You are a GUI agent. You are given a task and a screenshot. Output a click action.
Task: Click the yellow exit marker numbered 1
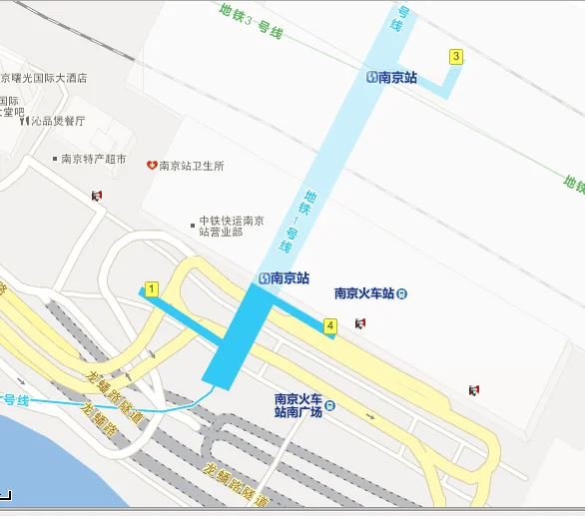pos(152,289)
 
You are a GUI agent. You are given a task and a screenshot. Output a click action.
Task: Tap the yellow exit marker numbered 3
pos(456,57)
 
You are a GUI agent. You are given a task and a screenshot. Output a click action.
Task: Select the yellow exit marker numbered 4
pos(330,325)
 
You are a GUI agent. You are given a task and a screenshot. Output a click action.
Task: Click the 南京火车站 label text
pos(363,293)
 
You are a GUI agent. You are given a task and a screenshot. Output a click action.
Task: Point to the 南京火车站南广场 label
pos(298,405)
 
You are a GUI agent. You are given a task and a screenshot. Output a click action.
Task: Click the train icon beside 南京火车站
pos(401,293)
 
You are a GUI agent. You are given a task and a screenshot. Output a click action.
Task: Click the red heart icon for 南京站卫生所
pos(152,165)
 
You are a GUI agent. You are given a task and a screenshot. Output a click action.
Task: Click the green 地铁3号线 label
pos(251,22)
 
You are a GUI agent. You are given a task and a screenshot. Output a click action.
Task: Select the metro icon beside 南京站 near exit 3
pos(372,77)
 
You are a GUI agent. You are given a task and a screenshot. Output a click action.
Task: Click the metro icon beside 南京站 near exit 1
pos(264,278)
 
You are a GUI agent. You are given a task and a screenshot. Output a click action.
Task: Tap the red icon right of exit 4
pos(359,323)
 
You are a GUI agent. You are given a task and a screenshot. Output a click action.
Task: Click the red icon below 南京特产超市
pos(96,196)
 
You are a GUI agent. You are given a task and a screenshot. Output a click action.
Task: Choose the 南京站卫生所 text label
pos(192,166)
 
